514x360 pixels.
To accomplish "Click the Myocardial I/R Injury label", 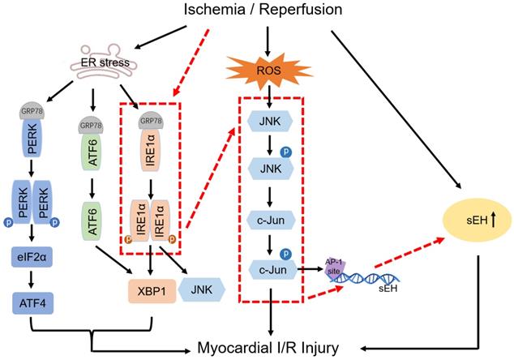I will [x=277, y=348].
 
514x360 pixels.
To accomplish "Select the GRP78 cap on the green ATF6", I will [x=92, y=127].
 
